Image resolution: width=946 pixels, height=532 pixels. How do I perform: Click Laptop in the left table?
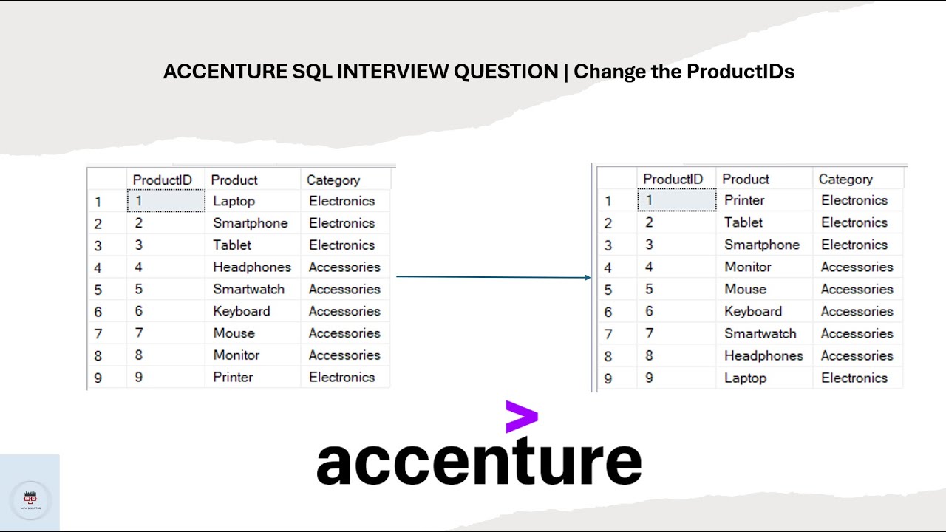click(234, 201)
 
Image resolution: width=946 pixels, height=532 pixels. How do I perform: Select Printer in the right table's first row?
click(744, 200)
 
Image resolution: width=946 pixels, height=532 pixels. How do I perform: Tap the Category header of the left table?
click(333, 180)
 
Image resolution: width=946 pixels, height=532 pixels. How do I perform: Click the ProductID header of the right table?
click(673, 179)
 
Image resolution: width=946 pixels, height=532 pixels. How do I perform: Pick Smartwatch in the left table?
click(248, 289)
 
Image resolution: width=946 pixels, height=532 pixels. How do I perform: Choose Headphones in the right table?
click(763, 355)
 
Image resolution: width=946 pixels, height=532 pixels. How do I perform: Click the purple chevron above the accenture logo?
click(521, 417)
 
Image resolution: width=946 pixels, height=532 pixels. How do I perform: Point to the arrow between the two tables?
click(493, 277)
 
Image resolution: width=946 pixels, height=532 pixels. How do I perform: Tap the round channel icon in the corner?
click(30, 500)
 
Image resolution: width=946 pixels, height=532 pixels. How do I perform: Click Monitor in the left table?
click(236, 355)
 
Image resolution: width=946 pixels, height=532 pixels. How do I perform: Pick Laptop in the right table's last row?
click(745, 378)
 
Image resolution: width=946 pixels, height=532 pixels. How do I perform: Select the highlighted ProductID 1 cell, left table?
click(166, 201)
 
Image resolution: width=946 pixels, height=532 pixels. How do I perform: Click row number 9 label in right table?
click(608, 378)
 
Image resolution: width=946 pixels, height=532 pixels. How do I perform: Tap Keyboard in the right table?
click(752, 311)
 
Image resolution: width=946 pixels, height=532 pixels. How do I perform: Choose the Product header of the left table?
click(234, 180)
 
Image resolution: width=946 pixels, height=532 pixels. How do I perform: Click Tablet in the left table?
click(232, 245)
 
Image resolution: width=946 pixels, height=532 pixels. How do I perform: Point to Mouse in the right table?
click(745, 289)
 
